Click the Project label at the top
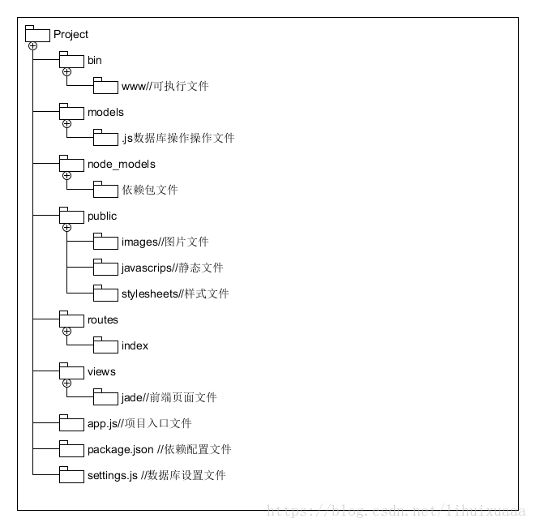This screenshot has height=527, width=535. pos(71,34)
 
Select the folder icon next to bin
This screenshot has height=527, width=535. pos(71,60)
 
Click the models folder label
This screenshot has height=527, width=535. pos(105,112)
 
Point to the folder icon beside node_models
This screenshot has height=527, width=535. pos(71,164)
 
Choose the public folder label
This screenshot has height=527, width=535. pos(102,216)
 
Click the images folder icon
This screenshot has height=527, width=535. pos(105,242)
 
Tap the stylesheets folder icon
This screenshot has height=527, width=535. pos(105,293)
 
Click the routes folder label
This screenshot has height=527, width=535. pos(103,319)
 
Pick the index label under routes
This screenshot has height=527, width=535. pos(135,345)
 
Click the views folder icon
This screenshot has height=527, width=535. pos(71,371)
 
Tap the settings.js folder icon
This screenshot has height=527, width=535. pos(71,475)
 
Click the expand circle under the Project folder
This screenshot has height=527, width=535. pos(32,46)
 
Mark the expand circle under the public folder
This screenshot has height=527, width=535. pos(66,228)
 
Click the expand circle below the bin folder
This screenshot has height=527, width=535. pos(66,72)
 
